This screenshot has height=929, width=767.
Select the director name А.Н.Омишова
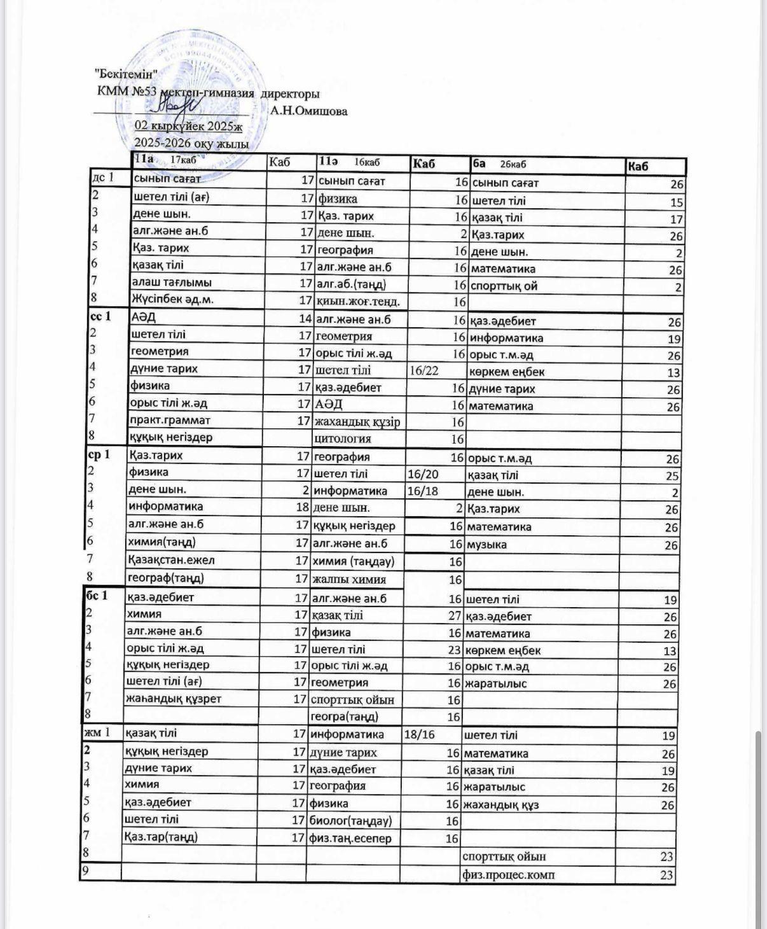[x=309, y=111]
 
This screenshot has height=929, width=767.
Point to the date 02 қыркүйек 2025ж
[x=188, y=126]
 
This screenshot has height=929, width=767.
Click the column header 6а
[x=480, y=164]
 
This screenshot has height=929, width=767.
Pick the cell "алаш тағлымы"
[x=172, y=283]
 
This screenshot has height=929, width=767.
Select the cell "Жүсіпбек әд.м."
[x=175, y=299]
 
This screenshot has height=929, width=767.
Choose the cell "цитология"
[x=343, y=438]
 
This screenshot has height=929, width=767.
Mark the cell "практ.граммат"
[x=170, y=420]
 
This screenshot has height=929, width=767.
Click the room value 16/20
[x=423, y=474]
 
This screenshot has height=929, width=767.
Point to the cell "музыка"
[x=487, y=545]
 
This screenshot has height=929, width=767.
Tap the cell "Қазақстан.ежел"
[x=171, y=561]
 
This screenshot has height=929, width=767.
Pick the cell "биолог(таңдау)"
[x=350, y=821]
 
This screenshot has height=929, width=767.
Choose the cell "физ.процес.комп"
[x=508, y=875]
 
